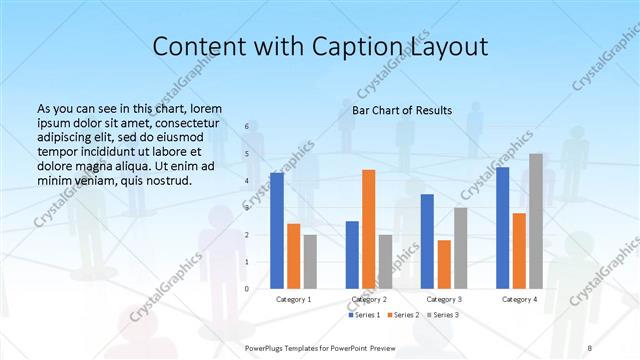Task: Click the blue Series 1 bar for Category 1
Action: coord(277,231)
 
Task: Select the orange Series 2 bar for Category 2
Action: coord(369,229)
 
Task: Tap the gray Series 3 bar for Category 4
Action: coord(536,221)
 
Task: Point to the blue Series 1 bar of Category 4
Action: coord(502,228)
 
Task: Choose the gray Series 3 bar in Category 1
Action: coord(310,261)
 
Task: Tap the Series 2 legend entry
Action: coord(403,315)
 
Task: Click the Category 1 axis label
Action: coord(294,299)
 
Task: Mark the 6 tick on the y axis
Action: coord(247,127)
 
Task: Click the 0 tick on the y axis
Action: coord(247,288)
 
